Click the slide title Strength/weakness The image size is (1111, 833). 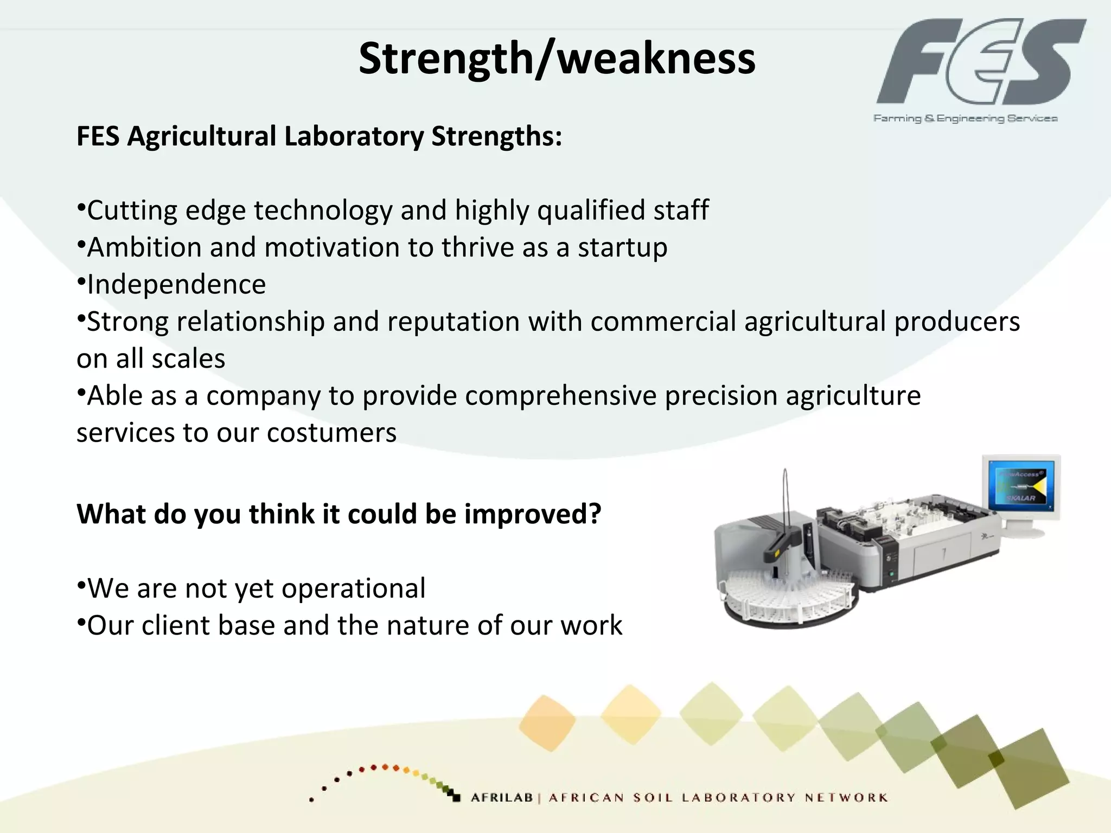pos(557,59)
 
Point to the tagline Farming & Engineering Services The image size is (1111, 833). pos(965,118)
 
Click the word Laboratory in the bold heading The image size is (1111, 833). pos(354,136)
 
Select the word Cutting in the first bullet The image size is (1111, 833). pos(132,210)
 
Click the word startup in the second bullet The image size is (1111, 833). pos(622,248)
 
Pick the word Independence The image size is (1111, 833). pos(176,285)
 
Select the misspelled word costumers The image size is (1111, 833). pos(331,433)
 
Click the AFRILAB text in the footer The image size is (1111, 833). pos(502,798)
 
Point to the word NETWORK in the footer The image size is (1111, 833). pos(846,798)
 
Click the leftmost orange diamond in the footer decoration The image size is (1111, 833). pos(547,722)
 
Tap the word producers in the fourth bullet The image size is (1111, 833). pos(957,322)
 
